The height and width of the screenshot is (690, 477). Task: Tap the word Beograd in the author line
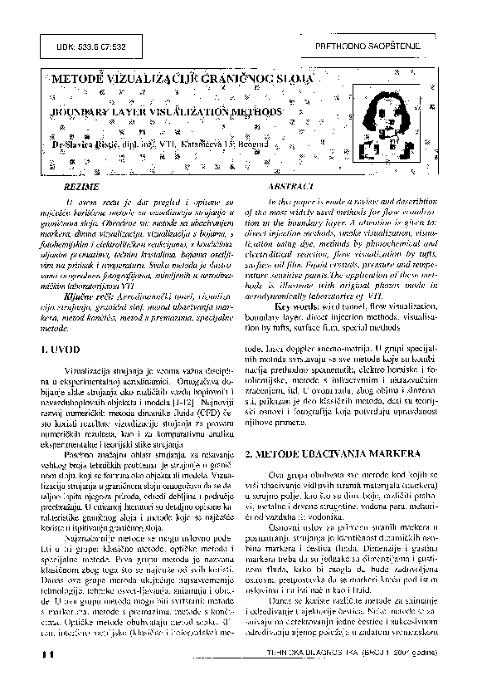click(246, 144)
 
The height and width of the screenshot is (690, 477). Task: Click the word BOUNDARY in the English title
click(80, 110)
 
